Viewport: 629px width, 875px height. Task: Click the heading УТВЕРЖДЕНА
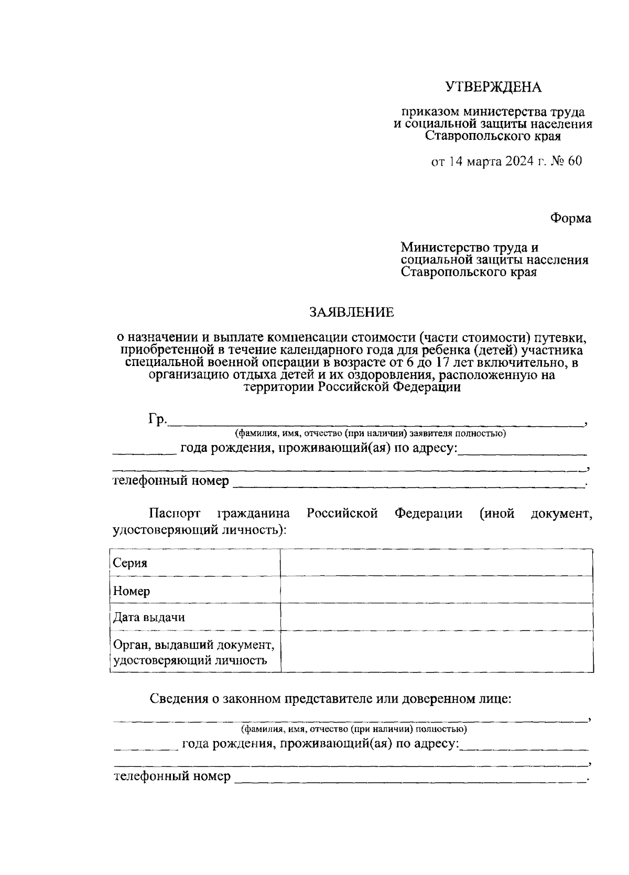[493, 87]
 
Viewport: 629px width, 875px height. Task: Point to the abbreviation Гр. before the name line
[157, 419]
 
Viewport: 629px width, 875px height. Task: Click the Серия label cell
[195, 563]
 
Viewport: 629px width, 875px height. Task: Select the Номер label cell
[195, 591]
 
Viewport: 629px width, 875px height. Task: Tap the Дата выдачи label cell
[195, 617]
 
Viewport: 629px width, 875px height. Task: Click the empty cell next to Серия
[436, 563]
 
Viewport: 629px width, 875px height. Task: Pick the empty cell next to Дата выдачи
[436, 617]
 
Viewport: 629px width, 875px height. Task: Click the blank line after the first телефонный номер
[409, 482]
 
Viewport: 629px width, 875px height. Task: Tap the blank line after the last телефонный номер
[409, 777]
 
